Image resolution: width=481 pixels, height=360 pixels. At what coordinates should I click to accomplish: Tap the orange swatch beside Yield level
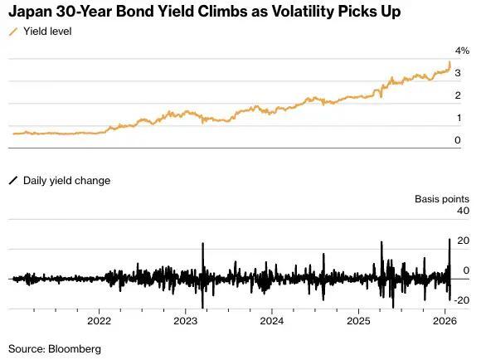pyautogui.click(x=13, y=31)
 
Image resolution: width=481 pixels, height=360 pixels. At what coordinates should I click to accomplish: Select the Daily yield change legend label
pyautogui.click(x=66, y=180)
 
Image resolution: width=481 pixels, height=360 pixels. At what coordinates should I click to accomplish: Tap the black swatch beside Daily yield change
pyautogui.click(x=13, y=180)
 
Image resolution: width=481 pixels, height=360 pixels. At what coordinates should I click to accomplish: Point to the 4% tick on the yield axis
pyautogui.click(x=462, y=51)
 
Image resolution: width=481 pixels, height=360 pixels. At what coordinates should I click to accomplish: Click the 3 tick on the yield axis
pyautogui.click(x=457, y=74)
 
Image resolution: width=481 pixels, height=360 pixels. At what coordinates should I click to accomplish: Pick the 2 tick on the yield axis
pyautogui.click(x=457, y=96)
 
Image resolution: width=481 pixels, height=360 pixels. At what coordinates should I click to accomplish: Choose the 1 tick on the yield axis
pyautogui.click(x=457, y=119)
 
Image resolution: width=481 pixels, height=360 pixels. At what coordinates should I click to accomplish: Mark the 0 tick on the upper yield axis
pyautogui.click(x=457, y=141)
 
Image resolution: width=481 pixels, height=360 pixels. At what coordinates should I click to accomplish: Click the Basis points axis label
pyautogui.click(x=442, y=199)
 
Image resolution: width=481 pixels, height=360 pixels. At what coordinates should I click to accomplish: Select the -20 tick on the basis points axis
pyautogui.click(x=461, y=300)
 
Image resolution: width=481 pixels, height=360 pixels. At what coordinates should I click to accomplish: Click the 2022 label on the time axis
pyautogui.click(x=100, y=321)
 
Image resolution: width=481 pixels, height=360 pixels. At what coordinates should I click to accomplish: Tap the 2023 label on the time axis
pyautogui.click(x=186, y=321)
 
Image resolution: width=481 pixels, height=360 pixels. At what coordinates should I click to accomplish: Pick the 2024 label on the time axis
pyautogui.click(x=272, y=321)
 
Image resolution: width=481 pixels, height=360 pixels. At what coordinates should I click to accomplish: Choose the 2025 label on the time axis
pyautogui.click(x=358, y=321)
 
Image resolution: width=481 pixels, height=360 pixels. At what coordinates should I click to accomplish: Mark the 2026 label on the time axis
pyautogui.click(x=445, y=321)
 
